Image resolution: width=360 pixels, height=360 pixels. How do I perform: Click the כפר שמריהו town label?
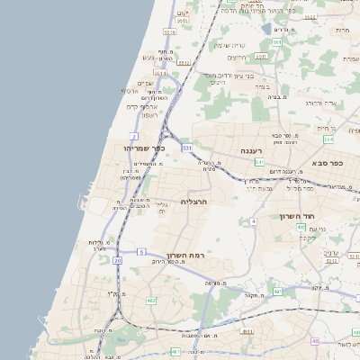pos(143,148)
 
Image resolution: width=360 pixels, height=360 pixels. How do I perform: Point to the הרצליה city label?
pos(193,202)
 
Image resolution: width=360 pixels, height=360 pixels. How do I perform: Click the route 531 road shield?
pos(186,147)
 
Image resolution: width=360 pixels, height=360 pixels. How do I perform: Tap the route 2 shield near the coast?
pos(133,135)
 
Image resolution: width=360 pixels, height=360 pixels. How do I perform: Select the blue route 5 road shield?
pos(141,252)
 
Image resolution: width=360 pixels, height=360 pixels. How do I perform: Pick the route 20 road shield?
pos(117,260)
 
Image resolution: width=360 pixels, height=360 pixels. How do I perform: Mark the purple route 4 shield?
pos(255,220)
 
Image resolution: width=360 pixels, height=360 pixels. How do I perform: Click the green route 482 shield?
pos(151,301)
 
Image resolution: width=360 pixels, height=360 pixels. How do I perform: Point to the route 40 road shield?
pos(314,341)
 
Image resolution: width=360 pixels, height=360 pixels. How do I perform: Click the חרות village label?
pos(341,31)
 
